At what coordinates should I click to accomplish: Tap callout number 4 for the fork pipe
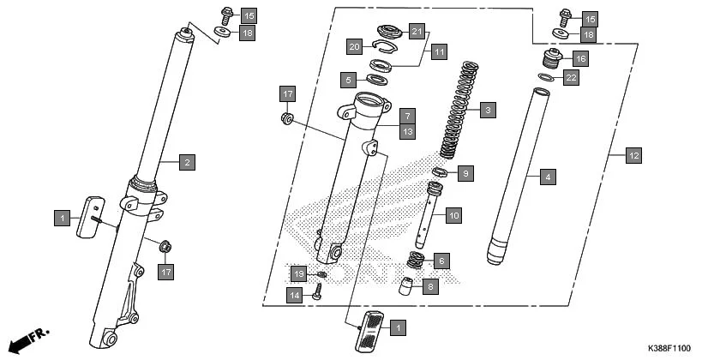[548, 177]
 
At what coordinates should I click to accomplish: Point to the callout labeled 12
[633, 156]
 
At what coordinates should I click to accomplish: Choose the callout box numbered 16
[580, 59]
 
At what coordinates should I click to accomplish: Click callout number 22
[572, 78]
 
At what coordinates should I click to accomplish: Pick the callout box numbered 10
[453, 213]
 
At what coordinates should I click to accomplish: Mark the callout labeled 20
[354, 45]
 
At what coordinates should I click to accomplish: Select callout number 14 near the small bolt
[294, 295]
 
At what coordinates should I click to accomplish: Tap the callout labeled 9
[465, 174]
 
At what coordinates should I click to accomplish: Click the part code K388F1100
[669, 348]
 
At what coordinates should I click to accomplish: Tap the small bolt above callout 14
[319, 291]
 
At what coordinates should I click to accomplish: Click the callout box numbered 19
[297, 273]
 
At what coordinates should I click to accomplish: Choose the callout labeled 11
[439, 51]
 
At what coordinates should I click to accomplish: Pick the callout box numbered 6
[441, 260]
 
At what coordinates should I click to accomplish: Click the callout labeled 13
[408, 131]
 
